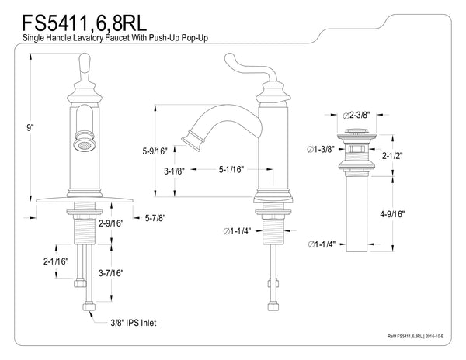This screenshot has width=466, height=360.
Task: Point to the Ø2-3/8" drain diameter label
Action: [360, 114]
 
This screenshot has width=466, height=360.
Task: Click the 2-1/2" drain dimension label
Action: [393, 156]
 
